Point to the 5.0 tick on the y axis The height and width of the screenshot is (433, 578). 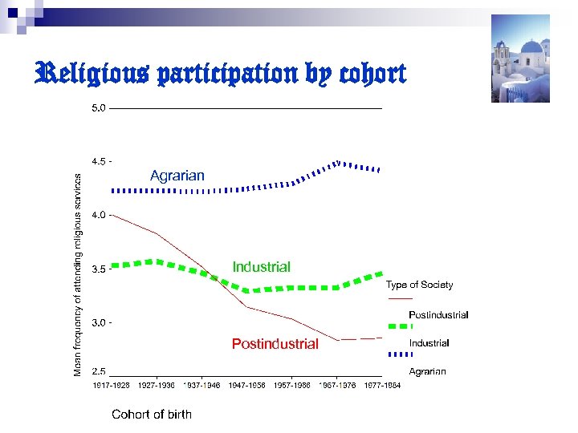point(98,107)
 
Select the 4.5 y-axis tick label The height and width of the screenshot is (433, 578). point(98,161)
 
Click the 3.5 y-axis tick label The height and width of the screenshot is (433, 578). point(98,269)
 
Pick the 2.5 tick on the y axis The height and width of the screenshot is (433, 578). point(98,372)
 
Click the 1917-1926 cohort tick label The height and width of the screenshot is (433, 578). point(111,386)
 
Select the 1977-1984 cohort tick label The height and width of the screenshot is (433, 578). point(381,386)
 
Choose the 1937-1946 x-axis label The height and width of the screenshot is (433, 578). point(201,386)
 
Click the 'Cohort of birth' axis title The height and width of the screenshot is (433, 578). point(152,415)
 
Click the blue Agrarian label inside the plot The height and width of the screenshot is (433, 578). point(177,176)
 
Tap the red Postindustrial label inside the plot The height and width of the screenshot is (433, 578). point(275,344)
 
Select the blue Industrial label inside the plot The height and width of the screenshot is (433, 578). point(261,267)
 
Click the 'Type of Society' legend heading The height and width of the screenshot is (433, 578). point(419,285)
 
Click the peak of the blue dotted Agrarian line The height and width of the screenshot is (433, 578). point(338,163)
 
